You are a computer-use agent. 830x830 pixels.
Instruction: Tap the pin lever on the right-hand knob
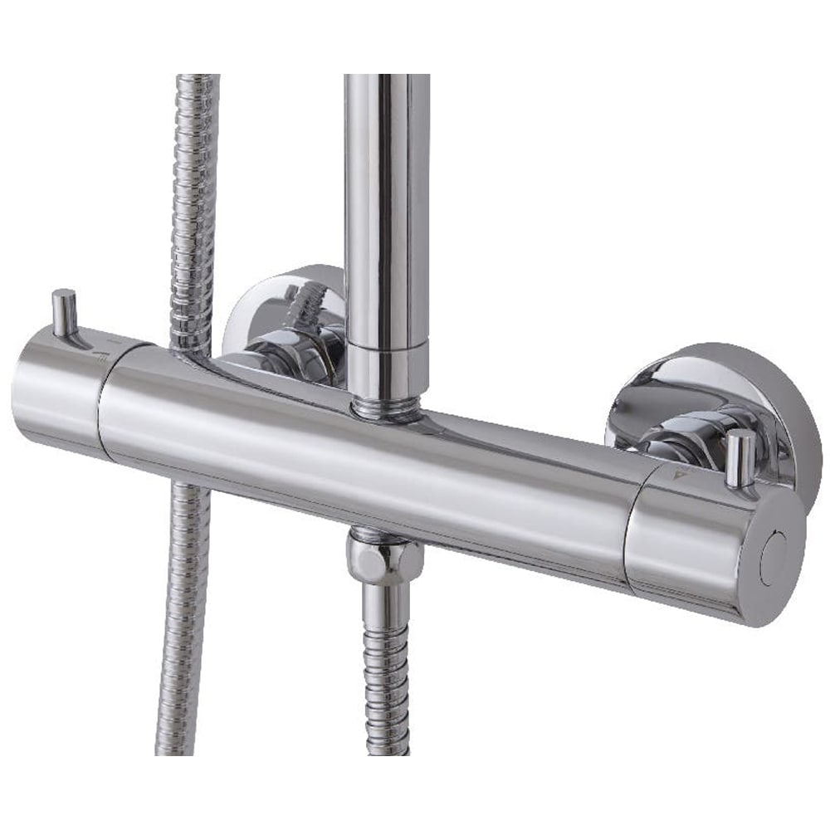click(x=740, y=456)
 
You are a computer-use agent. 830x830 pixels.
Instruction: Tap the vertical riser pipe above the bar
click(x=387, y=207)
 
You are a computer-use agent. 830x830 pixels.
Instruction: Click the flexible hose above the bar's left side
click(x=195, y=207)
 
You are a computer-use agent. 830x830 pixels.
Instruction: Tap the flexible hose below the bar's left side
click(x=183, y=622)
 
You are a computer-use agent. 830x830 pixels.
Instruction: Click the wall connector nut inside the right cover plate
click(x=681, y=432)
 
